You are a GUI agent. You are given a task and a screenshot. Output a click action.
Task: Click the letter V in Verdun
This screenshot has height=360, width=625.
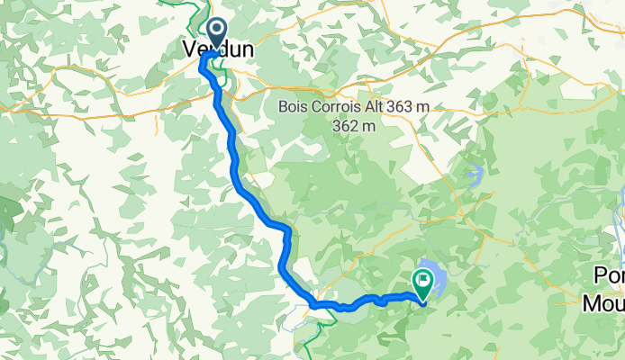pyautogui.click(x=191, y=50)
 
